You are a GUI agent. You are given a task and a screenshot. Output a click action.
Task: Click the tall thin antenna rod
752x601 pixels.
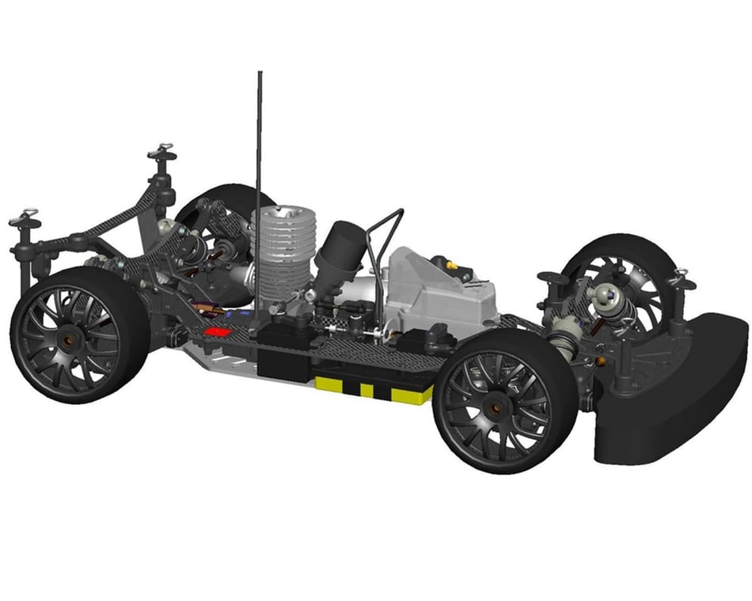[x=259, y=158]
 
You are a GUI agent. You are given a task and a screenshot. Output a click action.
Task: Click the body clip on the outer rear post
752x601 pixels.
[x=24, y=216]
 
